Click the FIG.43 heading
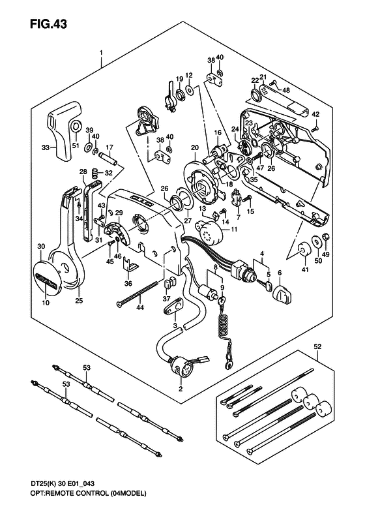[48, 24]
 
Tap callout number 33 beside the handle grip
[46, 148]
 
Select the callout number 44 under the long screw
[140, 308]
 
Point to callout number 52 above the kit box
[318, 346]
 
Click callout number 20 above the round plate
[195, 148]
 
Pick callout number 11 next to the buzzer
[234, 230]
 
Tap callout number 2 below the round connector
[181, 389]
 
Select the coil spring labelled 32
[95, 172]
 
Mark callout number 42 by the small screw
[315, 115]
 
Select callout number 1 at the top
[101, 53]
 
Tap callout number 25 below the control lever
[79, 301]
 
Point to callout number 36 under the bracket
[128, 284]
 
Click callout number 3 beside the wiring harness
[175, 325]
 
